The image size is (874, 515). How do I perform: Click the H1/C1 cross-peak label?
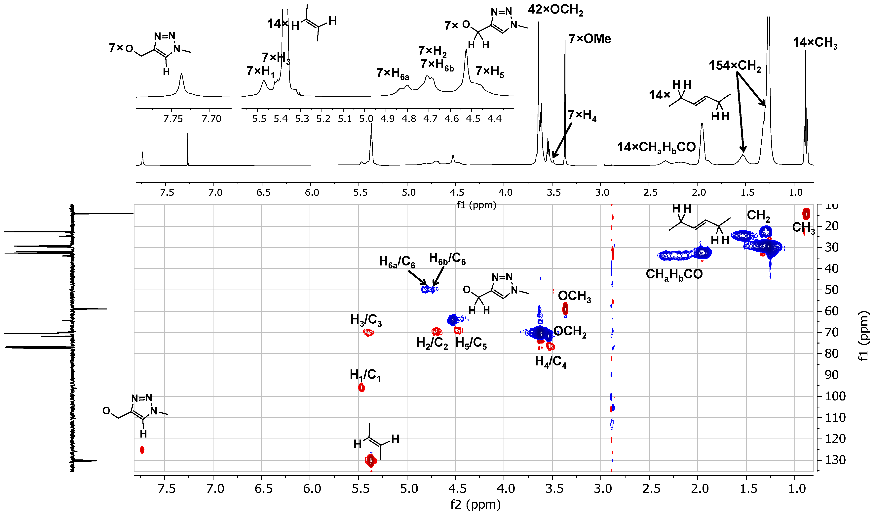point(365,375)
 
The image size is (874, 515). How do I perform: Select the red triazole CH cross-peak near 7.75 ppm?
point(142,450)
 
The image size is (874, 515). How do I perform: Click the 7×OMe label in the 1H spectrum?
point(590,39)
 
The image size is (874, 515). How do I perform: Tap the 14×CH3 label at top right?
point(815,43)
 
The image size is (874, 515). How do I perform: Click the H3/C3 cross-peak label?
point(366,320)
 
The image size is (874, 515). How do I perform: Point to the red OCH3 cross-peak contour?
point(565,308)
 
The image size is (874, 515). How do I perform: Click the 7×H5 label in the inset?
point(490,71)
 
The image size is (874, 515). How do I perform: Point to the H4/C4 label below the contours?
point(551,361)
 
